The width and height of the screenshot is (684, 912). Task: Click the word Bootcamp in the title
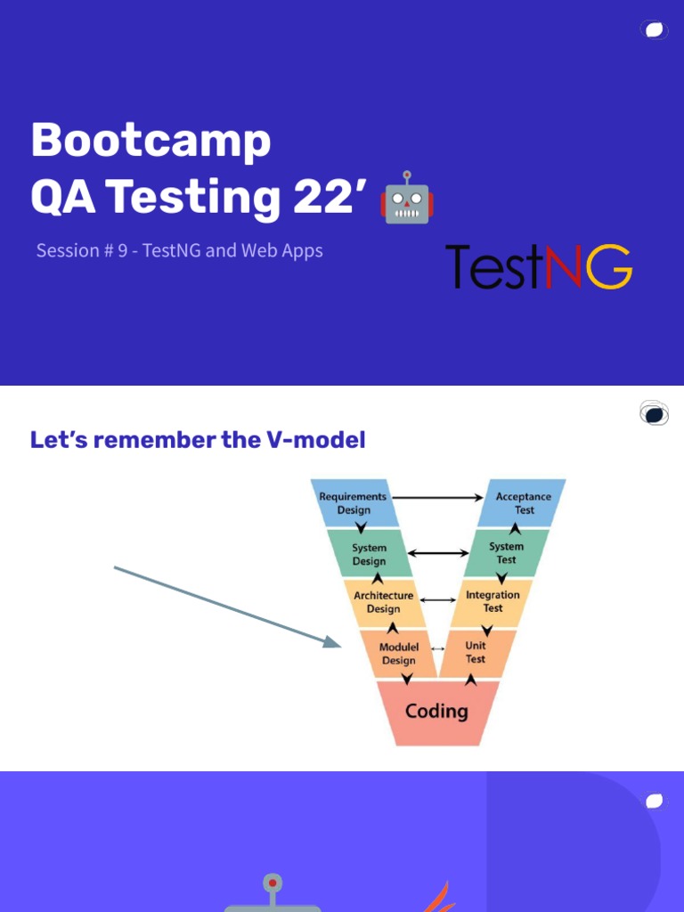coord(151,141)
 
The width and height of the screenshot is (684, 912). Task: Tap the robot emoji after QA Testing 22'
coord(406,197)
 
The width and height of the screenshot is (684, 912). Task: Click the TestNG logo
coord(538,266)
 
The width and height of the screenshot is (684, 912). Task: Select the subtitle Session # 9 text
coord(179,250)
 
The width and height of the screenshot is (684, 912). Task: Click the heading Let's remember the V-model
coord(198,440)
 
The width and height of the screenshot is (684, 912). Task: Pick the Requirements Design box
coord(354,503)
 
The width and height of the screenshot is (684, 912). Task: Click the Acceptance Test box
coord(523,503)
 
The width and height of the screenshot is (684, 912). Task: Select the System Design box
coord(369,554)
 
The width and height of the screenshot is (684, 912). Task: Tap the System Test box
coord(506,553)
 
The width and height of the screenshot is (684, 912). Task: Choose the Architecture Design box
coord(384,602)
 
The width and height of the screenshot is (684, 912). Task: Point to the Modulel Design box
coord(398,654)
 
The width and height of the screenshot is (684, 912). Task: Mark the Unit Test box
coord(476,653)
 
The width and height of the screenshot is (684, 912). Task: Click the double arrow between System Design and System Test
coord(437,553)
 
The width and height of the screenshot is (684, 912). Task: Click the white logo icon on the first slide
coord(654,30)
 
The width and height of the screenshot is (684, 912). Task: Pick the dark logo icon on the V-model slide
coord(654,413)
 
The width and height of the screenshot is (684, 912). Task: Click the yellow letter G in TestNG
coord(610,267)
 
